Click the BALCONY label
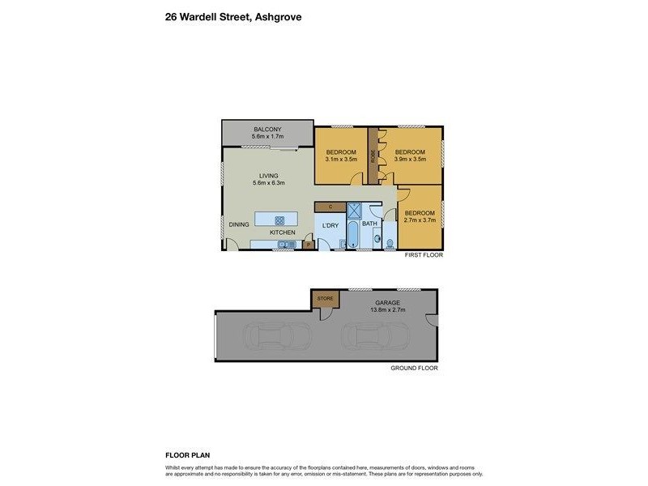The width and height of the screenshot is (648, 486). (x=267, y=130)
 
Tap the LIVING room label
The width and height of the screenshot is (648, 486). (x=268, y=175)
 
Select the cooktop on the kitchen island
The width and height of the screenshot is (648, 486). (x=279, y=220)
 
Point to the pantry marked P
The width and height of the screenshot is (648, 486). (x=308, y=244)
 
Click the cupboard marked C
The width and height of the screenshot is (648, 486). (x=330, y=207)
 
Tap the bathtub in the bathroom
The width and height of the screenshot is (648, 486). (x=354, y=236)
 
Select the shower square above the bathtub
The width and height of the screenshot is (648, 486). (x=354, y=210)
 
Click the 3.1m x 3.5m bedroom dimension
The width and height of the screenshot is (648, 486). (x=341, y=160)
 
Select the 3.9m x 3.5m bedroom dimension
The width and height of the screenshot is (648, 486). (x=409, y=160)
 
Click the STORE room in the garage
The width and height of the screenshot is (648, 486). (x=326, y=299)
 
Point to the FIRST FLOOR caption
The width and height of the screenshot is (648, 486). (x=423, y=255)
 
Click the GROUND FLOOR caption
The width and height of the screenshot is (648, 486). (x=414, y=368)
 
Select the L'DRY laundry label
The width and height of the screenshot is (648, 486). (x=330, y=224)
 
